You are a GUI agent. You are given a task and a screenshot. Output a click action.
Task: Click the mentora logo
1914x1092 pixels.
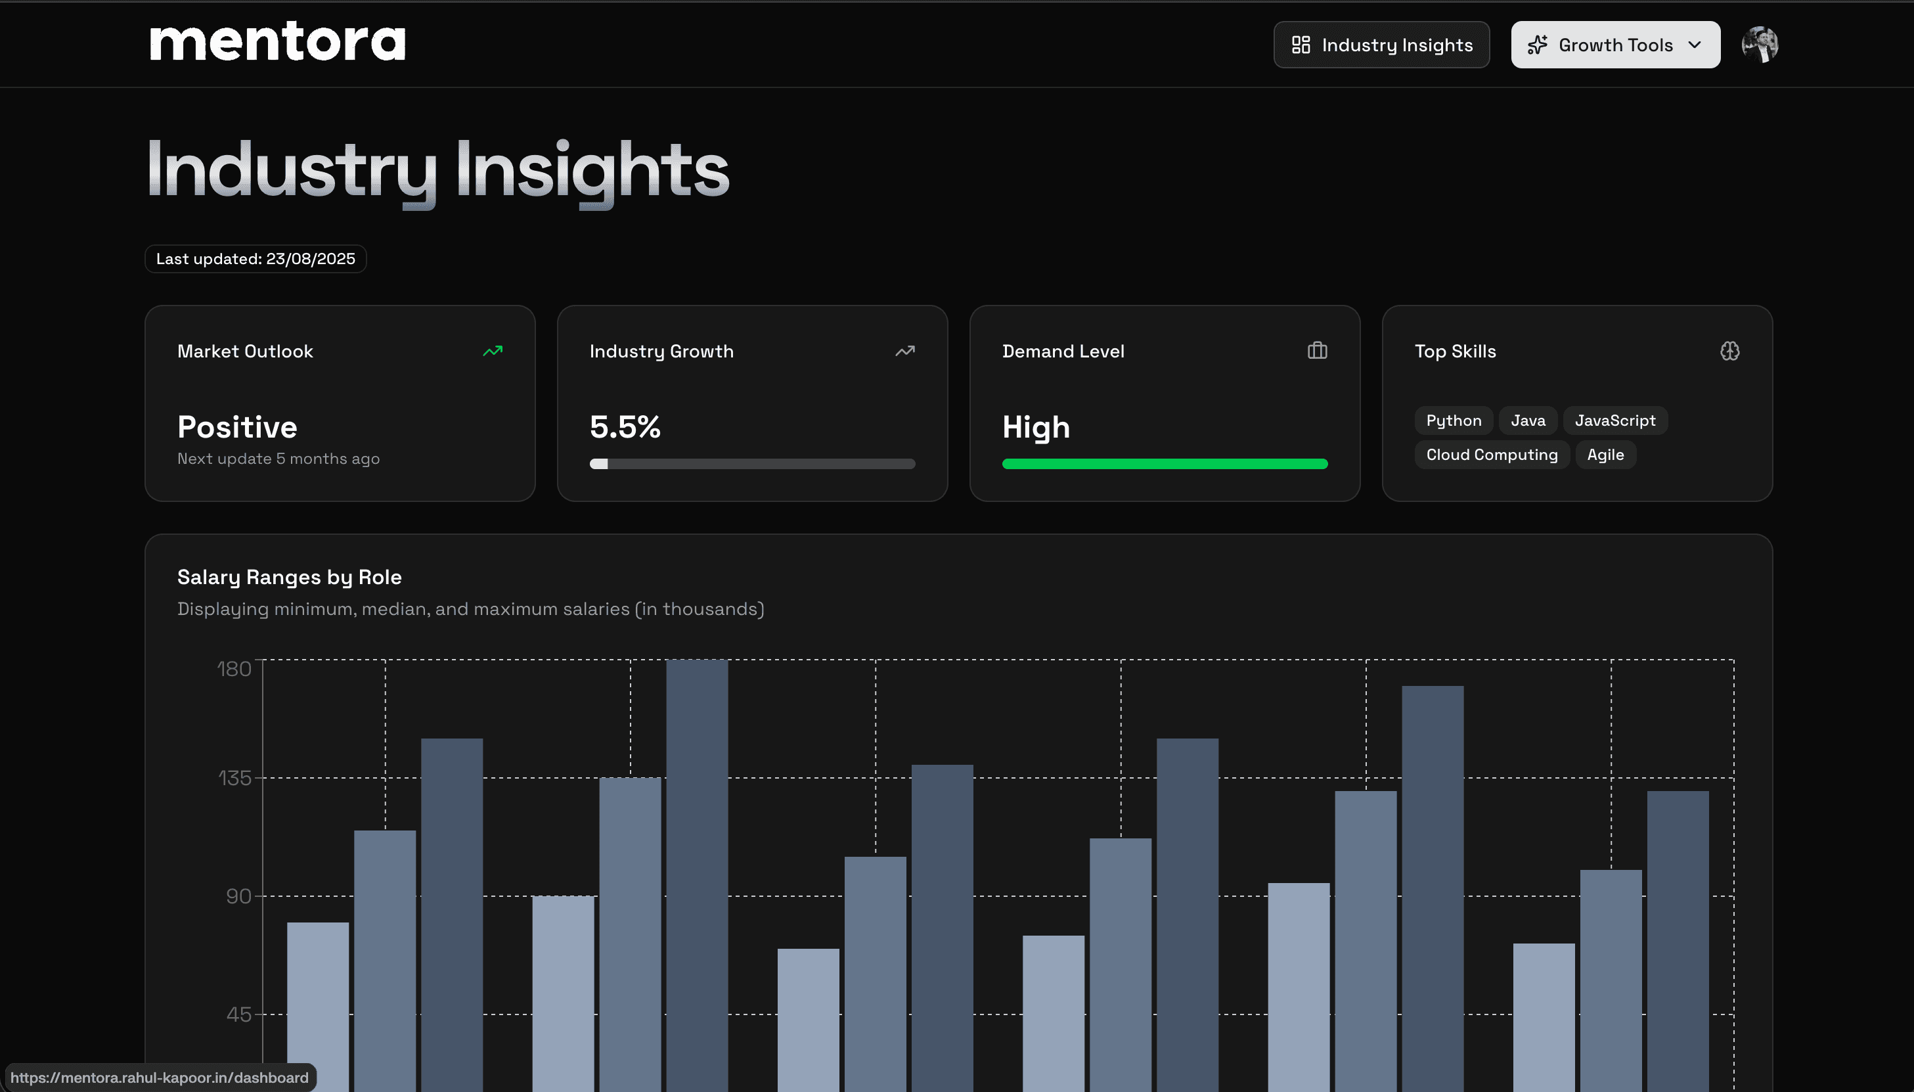pos(277,43)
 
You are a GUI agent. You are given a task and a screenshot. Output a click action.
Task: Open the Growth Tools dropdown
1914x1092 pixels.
pos(1615,45)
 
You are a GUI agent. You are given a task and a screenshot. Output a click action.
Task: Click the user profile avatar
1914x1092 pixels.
pos(1759,45)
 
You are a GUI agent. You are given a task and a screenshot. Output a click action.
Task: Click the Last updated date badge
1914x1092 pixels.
pos(255,259)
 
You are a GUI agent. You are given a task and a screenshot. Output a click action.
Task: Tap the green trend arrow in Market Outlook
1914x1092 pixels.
pos(493,351)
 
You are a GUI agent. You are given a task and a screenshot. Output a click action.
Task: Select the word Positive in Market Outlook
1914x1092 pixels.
pos(237,427)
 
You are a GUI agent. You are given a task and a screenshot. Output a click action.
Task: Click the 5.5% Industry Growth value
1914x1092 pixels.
pos(625,427)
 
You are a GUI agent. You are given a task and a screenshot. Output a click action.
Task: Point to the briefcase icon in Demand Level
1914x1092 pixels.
pos(1316,351)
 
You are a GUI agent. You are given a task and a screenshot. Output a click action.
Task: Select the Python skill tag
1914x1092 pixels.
pos(1453,421)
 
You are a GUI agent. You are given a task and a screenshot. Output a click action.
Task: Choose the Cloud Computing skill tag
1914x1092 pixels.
pos(1491,455)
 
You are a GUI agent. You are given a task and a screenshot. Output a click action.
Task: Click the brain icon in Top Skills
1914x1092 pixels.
pos(1729,351)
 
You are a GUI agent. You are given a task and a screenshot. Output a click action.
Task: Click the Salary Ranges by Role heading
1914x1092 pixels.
pos(290,577)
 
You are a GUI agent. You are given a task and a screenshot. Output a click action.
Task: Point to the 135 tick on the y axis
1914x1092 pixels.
pos(234,778)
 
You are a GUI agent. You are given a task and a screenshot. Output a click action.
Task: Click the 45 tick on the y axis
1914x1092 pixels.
pos(238,1014)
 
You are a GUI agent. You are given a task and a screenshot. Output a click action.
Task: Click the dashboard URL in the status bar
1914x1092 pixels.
pos(160,1078)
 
